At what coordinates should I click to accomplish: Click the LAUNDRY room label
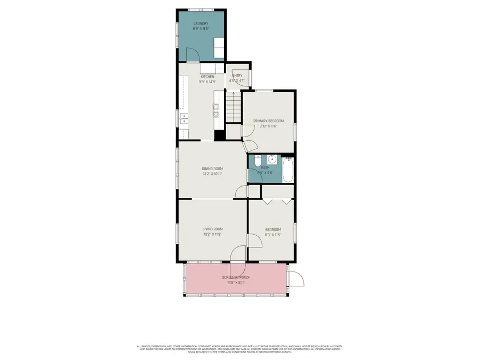click(201, 23)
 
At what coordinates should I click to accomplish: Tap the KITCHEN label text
click(207, 77)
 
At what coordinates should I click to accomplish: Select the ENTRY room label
click(237, 76)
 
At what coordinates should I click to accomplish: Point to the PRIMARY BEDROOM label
click(268, 121)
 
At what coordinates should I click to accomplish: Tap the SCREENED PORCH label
click(236, 278)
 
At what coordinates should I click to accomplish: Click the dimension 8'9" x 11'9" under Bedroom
click(273, 235)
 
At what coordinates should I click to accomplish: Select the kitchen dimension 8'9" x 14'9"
click(207, 82)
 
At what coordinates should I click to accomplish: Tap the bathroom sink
click(273, 159)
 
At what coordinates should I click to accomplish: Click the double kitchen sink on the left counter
click(184, 119)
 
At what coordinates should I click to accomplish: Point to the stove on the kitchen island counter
click(217, 110)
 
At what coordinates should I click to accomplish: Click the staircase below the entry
click(233, 107)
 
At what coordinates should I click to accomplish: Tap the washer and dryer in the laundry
click(219, 47)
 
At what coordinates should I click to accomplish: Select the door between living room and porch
click(238, 254)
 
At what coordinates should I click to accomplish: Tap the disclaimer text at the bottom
click(239, 348)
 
